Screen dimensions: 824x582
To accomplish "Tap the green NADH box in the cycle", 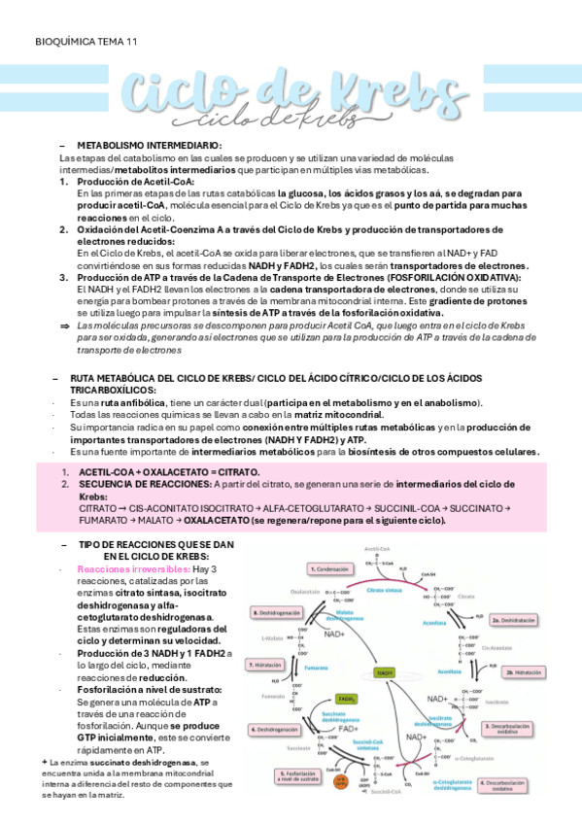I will click(x=385, y=671).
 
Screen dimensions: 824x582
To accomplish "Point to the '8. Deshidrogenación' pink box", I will click(x=276, y=613).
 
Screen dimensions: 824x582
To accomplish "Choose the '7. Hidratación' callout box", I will click(x=264, y=665).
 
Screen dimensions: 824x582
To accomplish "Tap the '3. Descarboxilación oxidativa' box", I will click(x=506, y=728).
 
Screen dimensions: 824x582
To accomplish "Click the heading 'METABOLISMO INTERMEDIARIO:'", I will click(x=149, y=144).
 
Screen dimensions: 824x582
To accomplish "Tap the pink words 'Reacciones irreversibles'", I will click(x=120, y=569).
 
